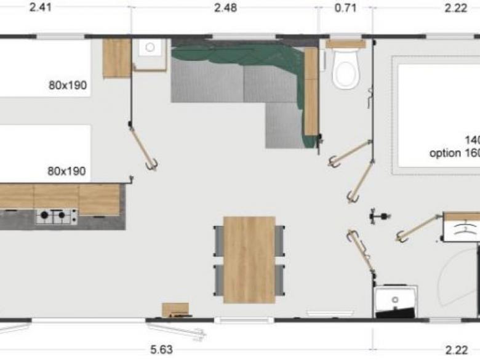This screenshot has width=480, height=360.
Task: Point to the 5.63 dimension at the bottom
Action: point(161,350)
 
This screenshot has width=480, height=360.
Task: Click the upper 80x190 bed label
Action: point(67,86)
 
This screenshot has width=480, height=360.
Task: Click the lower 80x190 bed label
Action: point(67,171)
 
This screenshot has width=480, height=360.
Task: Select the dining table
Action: point(249,259)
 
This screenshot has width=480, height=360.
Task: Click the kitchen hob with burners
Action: point(56,217)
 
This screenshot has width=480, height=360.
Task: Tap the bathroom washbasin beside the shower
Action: point(395,300)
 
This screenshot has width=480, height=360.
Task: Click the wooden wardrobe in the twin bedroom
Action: point(116,58)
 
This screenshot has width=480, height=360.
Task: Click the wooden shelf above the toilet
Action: point(345,44)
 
